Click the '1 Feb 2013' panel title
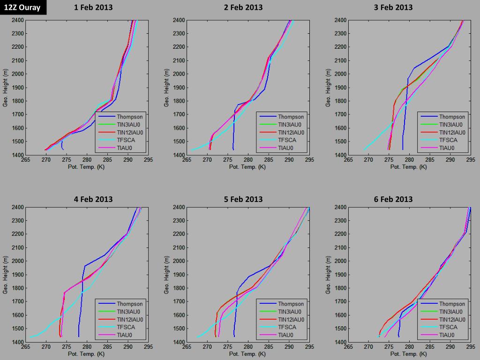[x=93, y=7]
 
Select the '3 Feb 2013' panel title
[x=393, y=7]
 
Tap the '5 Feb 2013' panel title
[x=243, y=199]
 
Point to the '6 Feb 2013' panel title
[x=393, y=199]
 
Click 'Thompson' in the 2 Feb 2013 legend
[x=291, y=117]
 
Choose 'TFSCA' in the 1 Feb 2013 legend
[x=126, y=140]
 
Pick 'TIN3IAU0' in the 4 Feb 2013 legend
[x=130, y=312]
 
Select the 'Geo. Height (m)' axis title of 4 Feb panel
[x=6, y=275]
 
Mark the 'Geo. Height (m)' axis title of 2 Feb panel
[x=166, y=88]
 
